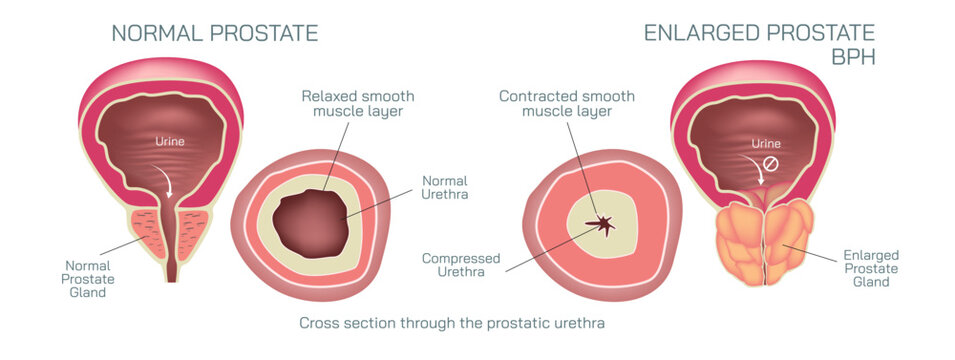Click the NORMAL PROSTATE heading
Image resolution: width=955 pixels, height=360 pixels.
point(214,33)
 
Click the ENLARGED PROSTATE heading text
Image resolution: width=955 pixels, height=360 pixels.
point(759,33)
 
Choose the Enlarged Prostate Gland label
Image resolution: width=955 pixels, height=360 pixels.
point(865,269)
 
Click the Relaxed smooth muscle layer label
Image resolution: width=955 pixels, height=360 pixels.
point(357,104)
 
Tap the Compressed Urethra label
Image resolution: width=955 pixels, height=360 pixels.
point(460,265)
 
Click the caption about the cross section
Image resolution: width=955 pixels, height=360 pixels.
point(452,323)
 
